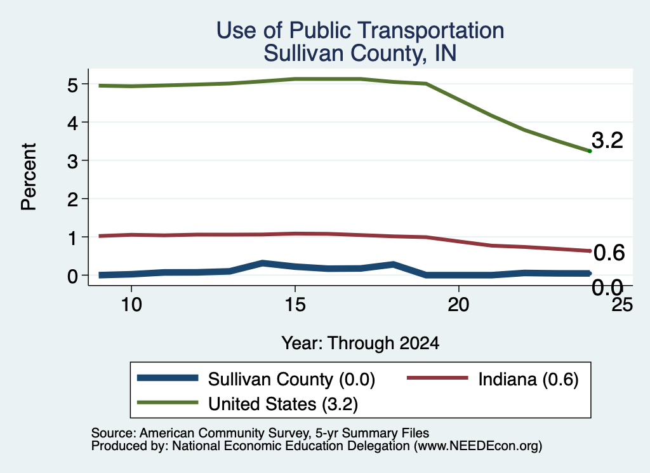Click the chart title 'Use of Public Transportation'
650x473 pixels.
[x=361, y=30]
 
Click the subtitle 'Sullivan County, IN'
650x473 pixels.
[x=361, y=53]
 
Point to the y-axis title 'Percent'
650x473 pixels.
[x=29, y=177]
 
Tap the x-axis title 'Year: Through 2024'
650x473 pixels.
[x=361, y=343]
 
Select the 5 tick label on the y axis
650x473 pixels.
[x=72, y=85]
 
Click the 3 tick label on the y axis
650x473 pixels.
[x=72, y=161]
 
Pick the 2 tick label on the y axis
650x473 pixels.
[x=72, y=200]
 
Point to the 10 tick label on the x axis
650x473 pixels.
[x=131, y=305]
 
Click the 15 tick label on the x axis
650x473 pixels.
[x=295, y=305]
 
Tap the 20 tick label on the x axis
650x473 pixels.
[x=458, y=305]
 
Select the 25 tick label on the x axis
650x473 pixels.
[x=622, y=305]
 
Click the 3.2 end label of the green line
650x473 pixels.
[x=607, y=140]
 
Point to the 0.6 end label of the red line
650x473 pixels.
[x=609, y=253]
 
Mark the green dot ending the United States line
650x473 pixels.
[x=590, y=151]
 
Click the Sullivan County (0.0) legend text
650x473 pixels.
[x=291, y=379]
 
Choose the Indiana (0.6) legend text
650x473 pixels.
[x=528, y=379]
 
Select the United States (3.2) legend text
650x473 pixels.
[x=283, y=404]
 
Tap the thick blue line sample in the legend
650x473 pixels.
[x=168, y=378]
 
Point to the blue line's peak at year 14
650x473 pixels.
[x=262, y=263]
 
